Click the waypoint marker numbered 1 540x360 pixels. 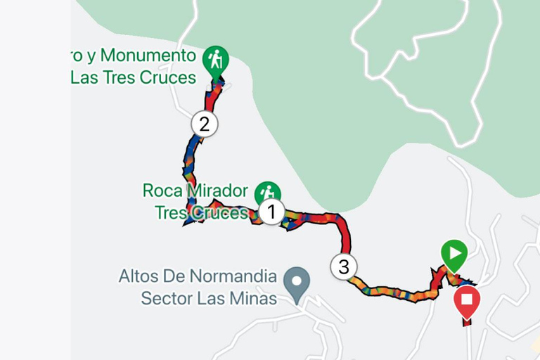(x=271, y=211)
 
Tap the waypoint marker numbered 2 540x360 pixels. (x=205, y=124)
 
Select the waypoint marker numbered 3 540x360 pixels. (x=343, y=266)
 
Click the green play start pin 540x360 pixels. (x=454, y=254)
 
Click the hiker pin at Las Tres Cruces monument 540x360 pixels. (x=215, y=60)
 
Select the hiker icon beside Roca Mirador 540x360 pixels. (x=267, y=192)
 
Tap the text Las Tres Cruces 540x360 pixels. (x=133, y=77)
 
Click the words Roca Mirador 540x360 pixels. (x=195, y=191)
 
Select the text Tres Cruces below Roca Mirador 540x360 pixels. (x=200, y=212)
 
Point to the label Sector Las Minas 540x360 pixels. (x=209, y=297)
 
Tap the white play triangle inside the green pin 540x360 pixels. (x=455, y=252)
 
